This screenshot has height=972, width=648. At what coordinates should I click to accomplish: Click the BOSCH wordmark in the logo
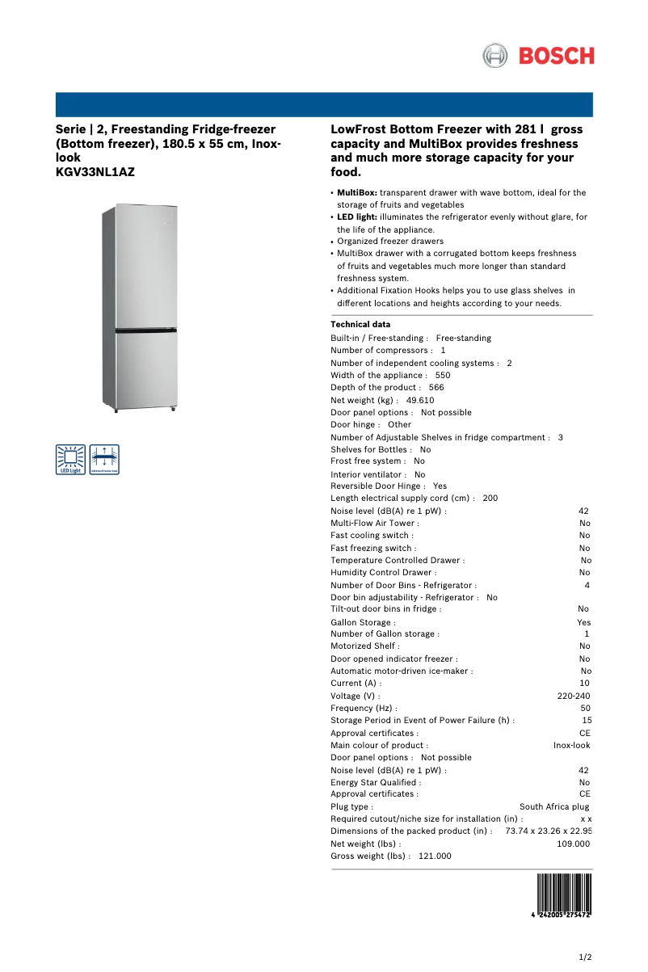556,56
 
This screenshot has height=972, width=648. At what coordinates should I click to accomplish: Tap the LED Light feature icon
70,458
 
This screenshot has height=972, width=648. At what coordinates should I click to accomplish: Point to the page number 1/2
586,957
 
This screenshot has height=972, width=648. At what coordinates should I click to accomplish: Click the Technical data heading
360,325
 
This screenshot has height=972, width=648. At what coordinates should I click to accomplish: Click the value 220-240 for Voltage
574,696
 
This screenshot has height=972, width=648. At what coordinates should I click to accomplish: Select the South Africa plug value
554,806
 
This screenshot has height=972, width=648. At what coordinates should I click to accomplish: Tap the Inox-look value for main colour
571,745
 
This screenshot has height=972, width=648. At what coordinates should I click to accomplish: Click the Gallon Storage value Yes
583,622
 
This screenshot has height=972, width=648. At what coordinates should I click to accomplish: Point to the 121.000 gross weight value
435,856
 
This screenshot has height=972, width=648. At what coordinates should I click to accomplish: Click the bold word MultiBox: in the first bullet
357,193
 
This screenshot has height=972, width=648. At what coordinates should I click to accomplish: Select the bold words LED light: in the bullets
356,217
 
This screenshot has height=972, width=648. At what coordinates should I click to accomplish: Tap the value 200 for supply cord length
490,499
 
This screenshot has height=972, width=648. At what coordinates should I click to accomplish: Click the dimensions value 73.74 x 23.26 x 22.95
549,831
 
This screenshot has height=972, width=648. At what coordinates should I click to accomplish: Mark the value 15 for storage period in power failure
587,720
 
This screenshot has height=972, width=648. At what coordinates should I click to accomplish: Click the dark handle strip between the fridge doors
145,330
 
